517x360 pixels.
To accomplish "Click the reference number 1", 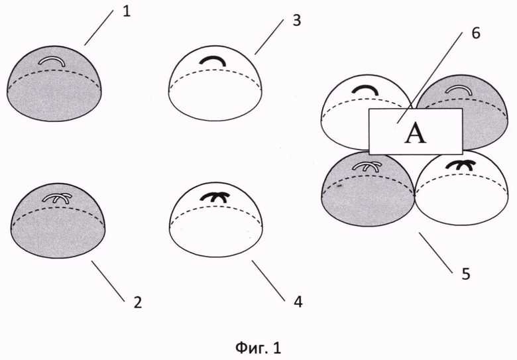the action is pos(127,12).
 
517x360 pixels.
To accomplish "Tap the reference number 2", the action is pos(138,302).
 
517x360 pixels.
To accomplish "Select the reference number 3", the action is pos(297,21).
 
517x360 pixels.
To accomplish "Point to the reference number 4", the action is pos(298,302).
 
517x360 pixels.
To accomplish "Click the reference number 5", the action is pos(465,274).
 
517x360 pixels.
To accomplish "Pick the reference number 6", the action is pos(476,34).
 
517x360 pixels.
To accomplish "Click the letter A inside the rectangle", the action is pos(416,134).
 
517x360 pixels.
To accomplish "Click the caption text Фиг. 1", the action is pos(258,348).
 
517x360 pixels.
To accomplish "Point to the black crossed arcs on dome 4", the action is pos(214,196).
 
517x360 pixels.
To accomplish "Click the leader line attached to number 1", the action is pos(99,28).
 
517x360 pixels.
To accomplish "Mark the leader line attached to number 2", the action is pos(108,281).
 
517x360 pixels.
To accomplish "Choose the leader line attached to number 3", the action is pos(268,37).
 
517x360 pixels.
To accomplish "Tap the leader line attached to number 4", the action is pos(268,280).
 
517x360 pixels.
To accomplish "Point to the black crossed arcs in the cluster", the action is pos(460,164).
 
